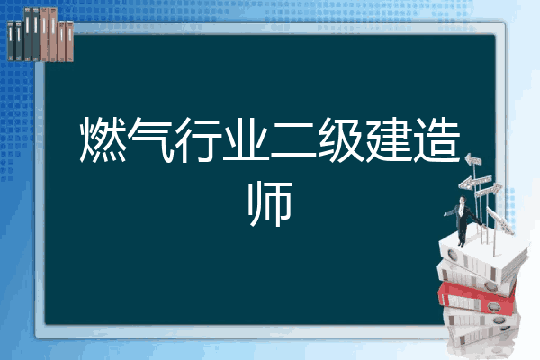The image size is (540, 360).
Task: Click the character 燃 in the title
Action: [x=103, y=139]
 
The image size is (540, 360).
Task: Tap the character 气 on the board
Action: [x=150, y=139]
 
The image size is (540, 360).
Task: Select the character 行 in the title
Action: [x=198, y=139]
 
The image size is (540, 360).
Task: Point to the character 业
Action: [x=246, y=139]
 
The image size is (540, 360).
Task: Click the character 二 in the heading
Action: [x=293, y=141]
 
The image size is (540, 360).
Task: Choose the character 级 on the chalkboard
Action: [x=341, y=139]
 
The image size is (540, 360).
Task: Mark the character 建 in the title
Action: [x=389, y=139]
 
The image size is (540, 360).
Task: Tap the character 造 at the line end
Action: [x=436, y=139]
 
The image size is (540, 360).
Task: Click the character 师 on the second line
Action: [x=270, y=204]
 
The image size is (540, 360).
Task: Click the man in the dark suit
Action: [x=463, y=221]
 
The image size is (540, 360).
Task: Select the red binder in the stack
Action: [x=477, y=298]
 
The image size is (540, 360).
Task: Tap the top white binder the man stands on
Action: [x=482, y=256]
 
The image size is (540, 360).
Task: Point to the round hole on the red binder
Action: [x=492, y=307]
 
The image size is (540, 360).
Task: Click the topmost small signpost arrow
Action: [x=473, y=159]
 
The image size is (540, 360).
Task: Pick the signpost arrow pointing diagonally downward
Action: [x=499, y=221]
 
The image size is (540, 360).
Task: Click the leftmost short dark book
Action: [x=11, y=41]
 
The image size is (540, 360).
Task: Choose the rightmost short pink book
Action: [x=69, y=41]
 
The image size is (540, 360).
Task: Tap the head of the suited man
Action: [x=463, y=200]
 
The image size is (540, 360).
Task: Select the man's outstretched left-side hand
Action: [x=445, y=214]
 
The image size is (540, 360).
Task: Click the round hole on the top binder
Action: [x=452, y=256]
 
